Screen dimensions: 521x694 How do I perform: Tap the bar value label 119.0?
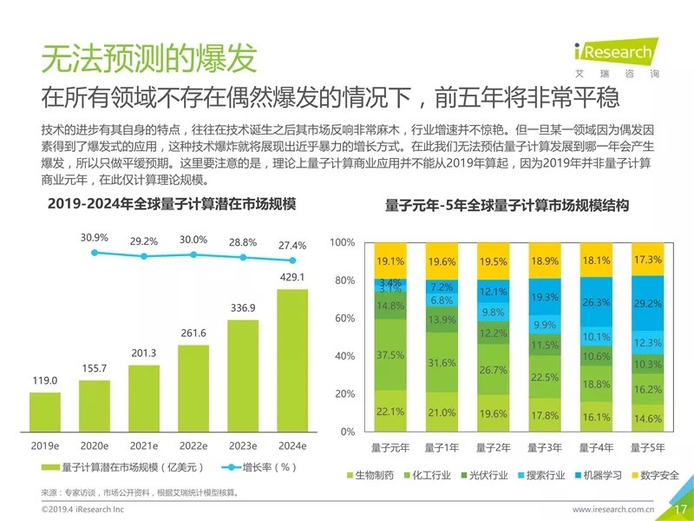(44, 380)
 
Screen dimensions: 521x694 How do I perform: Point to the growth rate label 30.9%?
(95, 237)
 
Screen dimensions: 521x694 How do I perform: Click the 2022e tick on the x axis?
(193, 446)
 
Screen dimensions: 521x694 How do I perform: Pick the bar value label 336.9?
(243, 307)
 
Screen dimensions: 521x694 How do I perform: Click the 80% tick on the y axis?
(344, 280)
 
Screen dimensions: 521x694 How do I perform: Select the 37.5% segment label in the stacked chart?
(390, 355)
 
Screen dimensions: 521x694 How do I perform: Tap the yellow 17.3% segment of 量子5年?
(647, 260)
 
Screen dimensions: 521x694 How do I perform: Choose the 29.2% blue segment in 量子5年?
(647, 304)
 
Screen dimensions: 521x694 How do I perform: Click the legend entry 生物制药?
(370, 476)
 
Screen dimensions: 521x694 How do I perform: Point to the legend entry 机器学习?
(598, 476)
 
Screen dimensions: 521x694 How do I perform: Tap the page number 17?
(679, 507)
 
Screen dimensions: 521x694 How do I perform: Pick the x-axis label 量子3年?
(545, 448)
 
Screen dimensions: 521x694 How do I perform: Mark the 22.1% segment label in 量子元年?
(390, 412)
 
